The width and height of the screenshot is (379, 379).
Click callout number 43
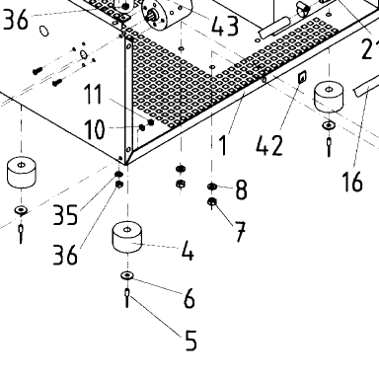(x=225, y=26)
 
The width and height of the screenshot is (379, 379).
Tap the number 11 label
(x=93, y=94)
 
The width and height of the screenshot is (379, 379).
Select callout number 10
(x=95, y=129)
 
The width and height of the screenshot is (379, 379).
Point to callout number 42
(x=269, y=145)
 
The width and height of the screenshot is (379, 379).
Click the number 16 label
(x=352, y=182)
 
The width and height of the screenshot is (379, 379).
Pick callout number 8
(x=242, y=189)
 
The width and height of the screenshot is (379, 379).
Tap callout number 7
(x=240, y=232)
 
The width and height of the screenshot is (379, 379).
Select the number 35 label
(x=66, y=215)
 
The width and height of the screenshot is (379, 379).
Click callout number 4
(x=188, y=251)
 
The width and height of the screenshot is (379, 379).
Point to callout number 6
(x=189, y=299)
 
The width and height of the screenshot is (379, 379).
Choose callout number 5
(x=190, y=341)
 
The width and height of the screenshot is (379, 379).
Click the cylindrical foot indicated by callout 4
(x=127, y=237)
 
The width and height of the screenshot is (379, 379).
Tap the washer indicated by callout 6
(x=127, y=275)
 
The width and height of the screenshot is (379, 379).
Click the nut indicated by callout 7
(x=212, y=201)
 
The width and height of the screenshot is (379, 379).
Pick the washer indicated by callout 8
(x=212, y=187)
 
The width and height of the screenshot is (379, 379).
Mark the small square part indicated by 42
(x=302, y=77)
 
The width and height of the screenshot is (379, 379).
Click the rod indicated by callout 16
(x=366, y=86)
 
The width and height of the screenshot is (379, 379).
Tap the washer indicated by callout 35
(x=118, y=174)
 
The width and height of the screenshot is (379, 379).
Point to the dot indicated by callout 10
(x=142, y=127)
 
